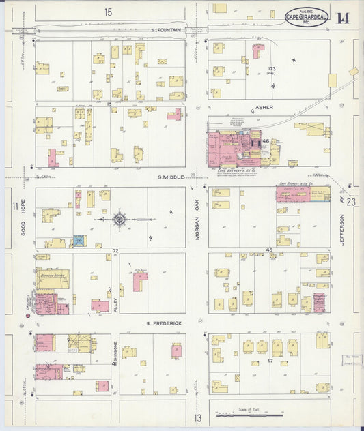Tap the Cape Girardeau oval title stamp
(305, 17)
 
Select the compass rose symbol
(120, 220)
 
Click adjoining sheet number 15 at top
(108, 12)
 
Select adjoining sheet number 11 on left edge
(14, 206)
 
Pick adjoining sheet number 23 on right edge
(351, 202)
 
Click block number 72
(115, 251)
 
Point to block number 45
(269, 251)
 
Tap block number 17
(271, 360)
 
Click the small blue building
(79, 241)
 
